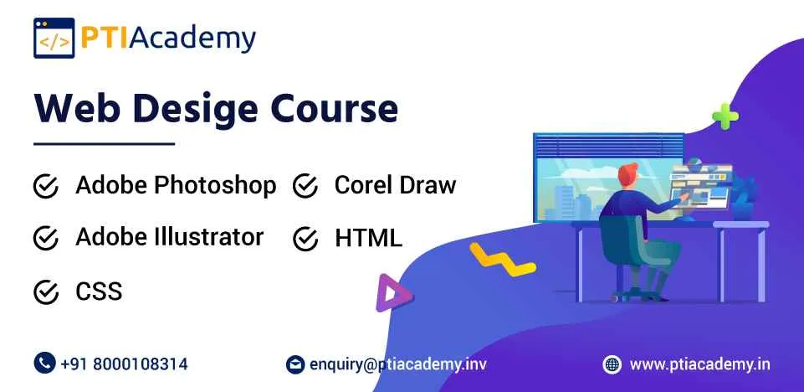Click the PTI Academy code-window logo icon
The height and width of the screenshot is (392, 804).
(54, 38)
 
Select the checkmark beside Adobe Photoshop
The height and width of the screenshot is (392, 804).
(45, 186)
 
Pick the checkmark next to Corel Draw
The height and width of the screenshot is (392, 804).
(305, 186)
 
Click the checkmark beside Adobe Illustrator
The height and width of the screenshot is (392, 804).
(45, 239)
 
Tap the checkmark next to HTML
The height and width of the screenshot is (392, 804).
(305, 239)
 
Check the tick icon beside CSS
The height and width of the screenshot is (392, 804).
(45, 292)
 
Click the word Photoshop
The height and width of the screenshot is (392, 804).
(222, 186)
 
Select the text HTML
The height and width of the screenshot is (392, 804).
(368, 239)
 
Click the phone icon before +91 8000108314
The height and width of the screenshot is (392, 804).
(44, 364)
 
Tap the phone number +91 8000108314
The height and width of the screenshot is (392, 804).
(124, 364)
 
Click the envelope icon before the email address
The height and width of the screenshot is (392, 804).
(294, 364)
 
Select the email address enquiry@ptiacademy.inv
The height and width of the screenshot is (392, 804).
(397, 364)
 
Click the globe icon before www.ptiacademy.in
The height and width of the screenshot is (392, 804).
(612, 364)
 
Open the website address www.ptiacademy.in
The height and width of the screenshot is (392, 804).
(700, 364)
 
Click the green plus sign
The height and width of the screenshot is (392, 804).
(725, 116)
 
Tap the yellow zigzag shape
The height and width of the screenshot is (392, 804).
(501, 259)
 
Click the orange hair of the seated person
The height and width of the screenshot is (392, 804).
(629, 174)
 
